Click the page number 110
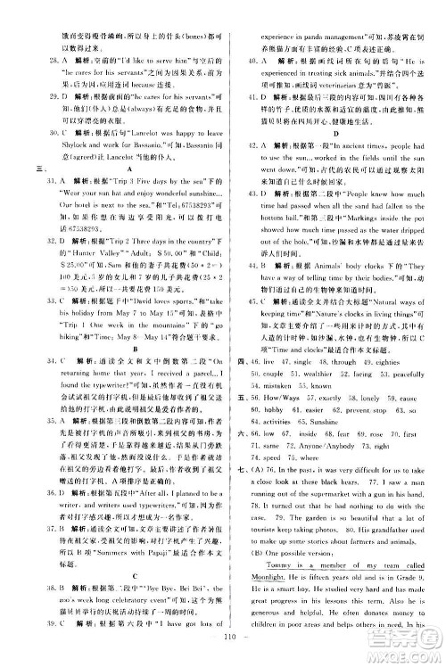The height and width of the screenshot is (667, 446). point(221,657)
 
